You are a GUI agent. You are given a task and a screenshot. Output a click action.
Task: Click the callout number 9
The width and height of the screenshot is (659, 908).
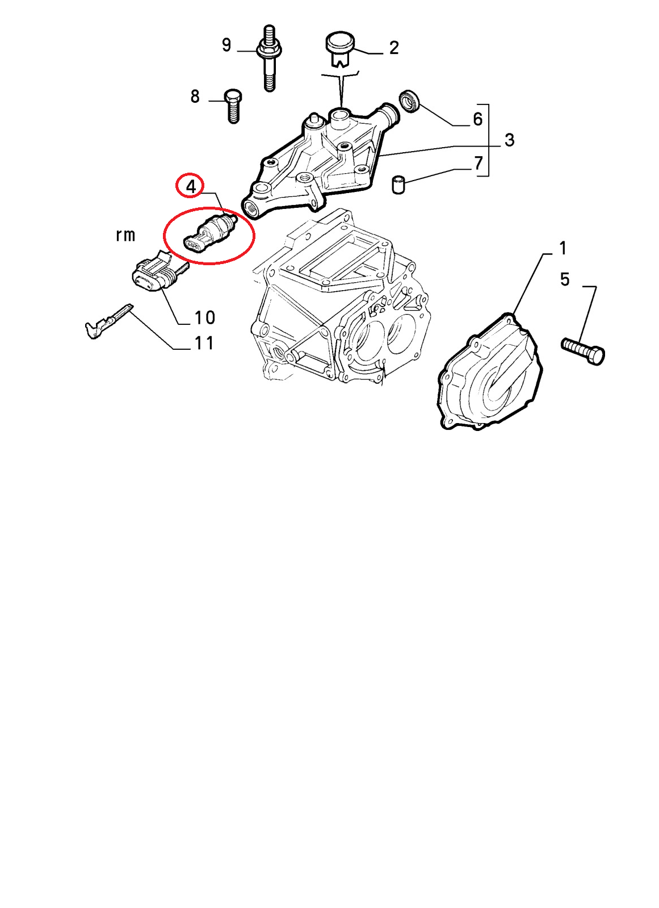pos(226,45)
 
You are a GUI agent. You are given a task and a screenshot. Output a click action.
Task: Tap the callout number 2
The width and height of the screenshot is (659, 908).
pos(393,48)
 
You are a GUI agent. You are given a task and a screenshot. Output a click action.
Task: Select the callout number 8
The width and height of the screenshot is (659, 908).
pos(195,97)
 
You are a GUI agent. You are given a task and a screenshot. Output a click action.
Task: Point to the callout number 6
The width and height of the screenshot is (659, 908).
pos(478,119)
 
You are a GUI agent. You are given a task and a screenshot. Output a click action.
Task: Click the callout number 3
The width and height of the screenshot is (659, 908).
pos(510,140)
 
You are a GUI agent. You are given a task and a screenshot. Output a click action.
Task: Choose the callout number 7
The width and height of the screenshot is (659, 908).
pos(478,163)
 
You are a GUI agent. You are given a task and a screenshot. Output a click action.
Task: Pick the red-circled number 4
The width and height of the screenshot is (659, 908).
pos(191,187)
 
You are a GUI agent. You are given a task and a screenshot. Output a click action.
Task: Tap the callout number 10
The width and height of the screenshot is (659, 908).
pos(205,317)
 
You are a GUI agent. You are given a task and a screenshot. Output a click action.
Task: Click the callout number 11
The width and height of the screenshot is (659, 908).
pos(204,343)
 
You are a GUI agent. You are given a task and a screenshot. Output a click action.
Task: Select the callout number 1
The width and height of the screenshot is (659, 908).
pos(563,248)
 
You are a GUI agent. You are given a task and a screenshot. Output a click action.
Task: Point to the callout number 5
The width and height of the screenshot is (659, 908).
pos(565,279)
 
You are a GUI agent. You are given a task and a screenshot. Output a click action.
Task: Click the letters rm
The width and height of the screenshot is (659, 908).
pos(125,236)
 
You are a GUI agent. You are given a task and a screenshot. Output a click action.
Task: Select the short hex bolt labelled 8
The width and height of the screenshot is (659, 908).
pos(233,106)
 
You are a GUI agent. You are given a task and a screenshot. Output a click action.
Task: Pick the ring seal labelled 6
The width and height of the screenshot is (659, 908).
pos(410,101)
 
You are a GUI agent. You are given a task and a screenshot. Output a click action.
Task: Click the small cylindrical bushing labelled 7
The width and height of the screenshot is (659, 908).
pos(399,185)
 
